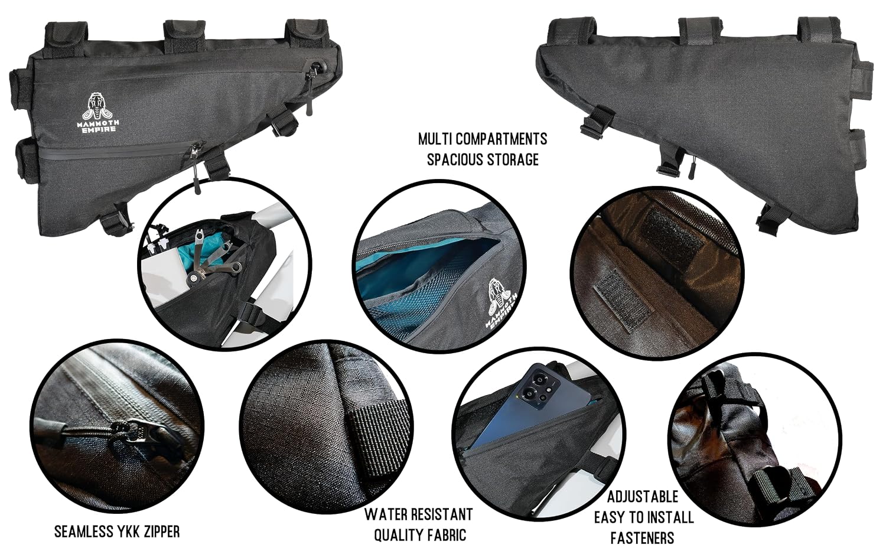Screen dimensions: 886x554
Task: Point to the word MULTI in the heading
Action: click(435, 139)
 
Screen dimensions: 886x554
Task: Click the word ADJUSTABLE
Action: click(643, 497)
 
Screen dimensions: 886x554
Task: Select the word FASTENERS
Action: click(643, 538)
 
